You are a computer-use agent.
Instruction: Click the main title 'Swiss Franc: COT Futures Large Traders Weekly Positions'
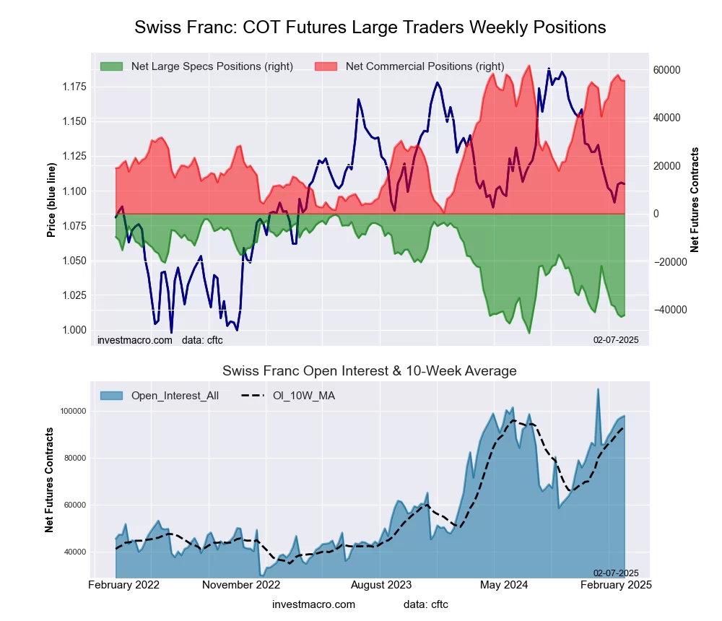370,27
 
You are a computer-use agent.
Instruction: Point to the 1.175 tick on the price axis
73,87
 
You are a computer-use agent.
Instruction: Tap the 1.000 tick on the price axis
73,330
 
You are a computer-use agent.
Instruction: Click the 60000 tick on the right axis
667,70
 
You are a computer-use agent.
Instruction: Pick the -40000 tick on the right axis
667,310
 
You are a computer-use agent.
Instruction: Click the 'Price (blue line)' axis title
51,200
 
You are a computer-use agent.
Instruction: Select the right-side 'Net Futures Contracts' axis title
695,200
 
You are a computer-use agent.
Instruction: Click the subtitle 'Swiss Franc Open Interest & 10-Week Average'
369,371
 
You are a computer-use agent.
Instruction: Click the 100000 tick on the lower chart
72,411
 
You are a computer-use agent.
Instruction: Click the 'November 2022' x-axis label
240,584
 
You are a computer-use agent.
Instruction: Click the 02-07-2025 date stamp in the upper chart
615,339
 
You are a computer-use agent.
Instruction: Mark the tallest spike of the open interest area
598,389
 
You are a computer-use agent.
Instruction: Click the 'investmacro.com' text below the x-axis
314,604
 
